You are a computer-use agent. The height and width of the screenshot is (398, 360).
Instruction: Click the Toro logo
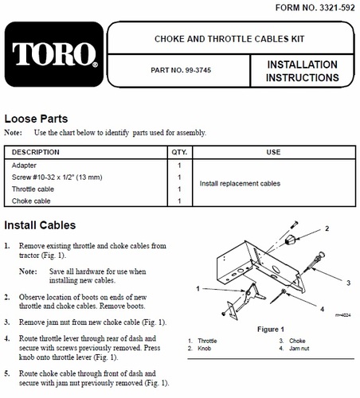point(54,54)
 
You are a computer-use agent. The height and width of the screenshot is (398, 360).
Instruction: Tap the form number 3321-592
point(337,8)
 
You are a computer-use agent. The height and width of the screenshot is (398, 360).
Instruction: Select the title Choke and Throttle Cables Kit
point(229,39)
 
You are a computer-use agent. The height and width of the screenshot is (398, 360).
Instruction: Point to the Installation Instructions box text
point(303,71)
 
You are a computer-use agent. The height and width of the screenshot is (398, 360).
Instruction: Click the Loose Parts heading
point(36,119)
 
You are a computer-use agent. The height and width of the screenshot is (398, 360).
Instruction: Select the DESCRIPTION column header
point(36,152)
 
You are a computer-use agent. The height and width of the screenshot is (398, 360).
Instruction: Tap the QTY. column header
point(179,152)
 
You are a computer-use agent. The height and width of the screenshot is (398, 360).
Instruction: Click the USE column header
point(273,152)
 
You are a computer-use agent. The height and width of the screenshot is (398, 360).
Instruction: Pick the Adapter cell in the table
point(24,166)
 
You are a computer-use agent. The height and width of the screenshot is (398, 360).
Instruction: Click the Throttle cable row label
point(33,189)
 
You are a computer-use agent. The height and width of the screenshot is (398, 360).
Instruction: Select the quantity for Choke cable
point(179,201)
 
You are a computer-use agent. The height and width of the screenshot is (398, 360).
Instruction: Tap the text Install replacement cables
point(240,183)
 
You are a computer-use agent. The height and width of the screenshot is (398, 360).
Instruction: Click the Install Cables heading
point(40,225)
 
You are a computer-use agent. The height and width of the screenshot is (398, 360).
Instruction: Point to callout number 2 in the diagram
point(327,228)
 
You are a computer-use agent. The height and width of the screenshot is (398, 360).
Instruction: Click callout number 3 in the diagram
point(349,283)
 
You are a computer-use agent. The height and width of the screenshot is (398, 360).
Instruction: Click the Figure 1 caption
point(271,330)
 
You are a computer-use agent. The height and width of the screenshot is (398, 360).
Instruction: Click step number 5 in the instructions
point(7,373)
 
